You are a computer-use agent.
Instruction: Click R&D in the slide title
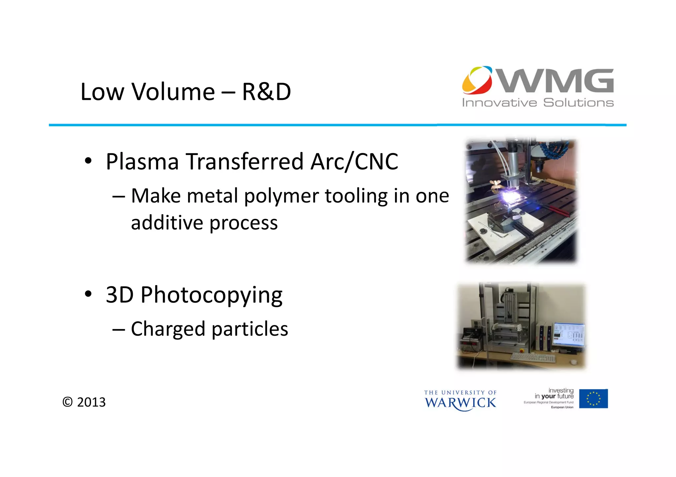click(x=266, y=92)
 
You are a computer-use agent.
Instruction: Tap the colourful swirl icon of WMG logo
click(x=477, y=80)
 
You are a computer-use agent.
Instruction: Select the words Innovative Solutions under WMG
click(x=538, y=103)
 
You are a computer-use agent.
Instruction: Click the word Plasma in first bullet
click(x=142, y=162)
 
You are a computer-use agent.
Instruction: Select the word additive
click(x=167, y=223)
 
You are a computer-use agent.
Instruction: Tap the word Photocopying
click(x=211, y=295)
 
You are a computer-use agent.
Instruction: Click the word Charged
click(x=168, y=329)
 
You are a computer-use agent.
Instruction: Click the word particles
click(x=250, y=329)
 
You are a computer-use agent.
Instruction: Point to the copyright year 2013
click(x=91, y=402)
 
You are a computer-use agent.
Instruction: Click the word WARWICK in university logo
click(x=460, y=403)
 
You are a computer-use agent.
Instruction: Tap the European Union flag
click(x=593, y=399)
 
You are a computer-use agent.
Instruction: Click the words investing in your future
click(x=554, y=394)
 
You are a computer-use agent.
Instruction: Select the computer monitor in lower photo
click(x=568, y=335)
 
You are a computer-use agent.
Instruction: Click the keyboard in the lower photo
click(x=533, y=357)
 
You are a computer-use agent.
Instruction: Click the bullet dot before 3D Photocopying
click(x=88, y=294)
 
